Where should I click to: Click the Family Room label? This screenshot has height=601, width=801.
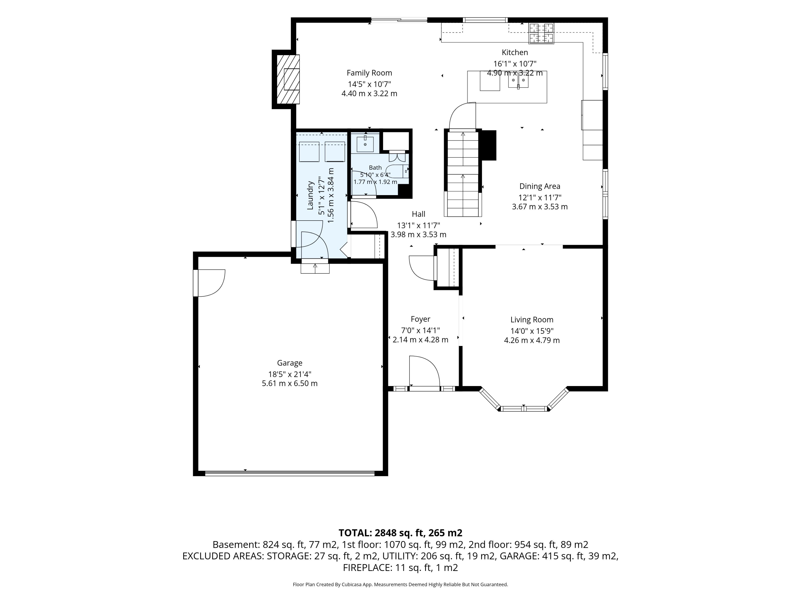coord(369,73)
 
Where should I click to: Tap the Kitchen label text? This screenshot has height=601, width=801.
coord(515,52)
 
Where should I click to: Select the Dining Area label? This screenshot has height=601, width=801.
coord(540,186)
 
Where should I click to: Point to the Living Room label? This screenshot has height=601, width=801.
coord(531,319)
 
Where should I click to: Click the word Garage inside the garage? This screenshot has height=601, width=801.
coord(290,363)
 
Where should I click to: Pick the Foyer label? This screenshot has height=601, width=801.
coord(420,319)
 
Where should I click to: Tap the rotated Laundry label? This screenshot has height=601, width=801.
coord(310,195)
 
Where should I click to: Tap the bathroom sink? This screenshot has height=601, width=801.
coord(365,144)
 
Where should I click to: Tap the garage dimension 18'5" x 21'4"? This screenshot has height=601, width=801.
coord(290,374)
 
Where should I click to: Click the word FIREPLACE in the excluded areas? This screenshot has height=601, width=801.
coord(367,568)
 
